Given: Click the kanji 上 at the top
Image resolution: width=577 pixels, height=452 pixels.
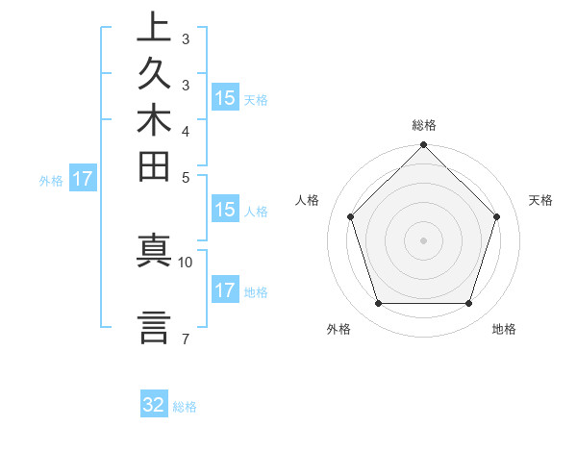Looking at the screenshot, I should [155, 28].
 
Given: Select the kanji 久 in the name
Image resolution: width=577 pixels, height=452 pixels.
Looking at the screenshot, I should [155, 75].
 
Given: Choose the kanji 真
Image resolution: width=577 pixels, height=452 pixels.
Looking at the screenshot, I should [155, 251].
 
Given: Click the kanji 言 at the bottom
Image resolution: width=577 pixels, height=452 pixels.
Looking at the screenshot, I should [155, 327].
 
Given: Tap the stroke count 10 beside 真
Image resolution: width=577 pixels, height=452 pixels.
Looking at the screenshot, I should [186, 262].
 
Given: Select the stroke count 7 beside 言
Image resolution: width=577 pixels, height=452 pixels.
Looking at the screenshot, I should [185, 339].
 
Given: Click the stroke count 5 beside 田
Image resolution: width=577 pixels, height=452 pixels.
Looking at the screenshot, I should [185, 177].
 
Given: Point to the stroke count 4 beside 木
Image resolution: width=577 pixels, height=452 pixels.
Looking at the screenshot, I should [185, 131].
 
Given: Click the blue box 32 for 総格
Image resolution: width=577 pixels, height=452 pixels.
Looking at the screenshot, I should [154, 405].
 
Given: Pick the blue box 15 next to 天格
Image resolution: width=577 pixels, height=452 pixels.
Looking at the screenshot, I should [225, 97].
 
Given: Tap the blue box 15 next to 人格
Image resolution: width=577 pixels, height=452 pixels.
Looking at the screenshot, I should [225, 210].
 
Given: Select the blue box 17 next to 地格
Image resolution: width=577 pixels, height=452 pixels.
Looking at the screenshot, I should [225, 290].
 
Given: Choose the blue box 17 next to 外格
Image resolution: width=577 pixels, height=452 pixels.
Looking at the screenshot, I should [83, 178].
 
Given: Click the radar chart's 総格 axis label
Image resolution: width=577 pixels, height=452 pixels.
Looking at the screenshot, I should [424, 125].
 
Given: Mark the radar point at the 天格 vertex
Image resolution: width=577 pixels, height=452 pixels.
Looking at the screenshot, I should [496, 216].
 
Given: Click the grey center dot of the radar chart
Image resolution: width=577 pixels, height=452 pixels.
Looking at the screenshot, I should [423, 239].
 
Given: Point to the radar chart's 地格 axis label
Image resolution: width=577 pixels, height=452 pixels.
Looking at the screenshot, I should [504, 329].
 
